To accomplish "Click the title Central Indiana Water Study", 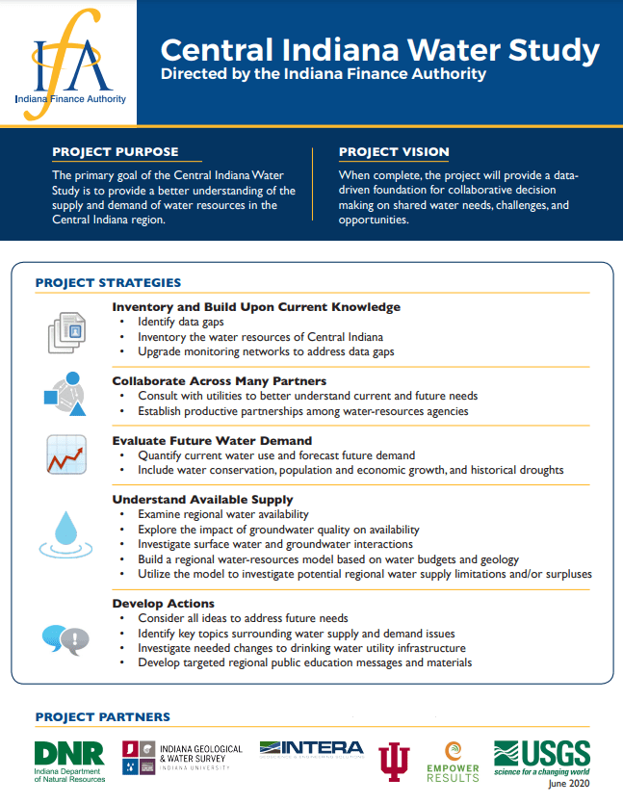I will click(x=379, y=49).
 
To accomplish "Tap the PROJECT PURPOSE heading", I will click(x=116, y=152).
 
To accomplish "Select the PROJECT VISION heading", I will click(x=394, y=152).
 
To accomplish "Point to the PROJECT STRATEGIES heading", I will click(x=108, y=283).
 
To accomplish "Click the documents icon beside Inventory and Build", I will click(x=67, y=331).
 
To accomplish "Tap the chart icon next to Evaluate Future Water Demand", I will click(x=66, y=454).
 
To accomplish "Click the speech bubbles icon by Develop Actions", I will click(x=65, y=637).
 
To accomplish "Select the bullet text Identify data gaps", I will click(x=177, y=322).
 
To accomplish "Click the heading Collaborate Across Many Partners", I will click(x=219, y=381).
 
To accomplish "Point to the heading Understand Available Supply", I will click(x=202, y=500).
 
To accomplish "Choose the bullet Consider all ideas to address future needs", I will click(x=243, y=618).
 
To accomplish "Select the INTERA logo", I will click(x=311, y=750).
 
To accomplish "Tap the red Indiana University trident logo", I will click(x=393, y=760).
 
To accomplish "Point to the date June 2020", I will click(x=571, y=785).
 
